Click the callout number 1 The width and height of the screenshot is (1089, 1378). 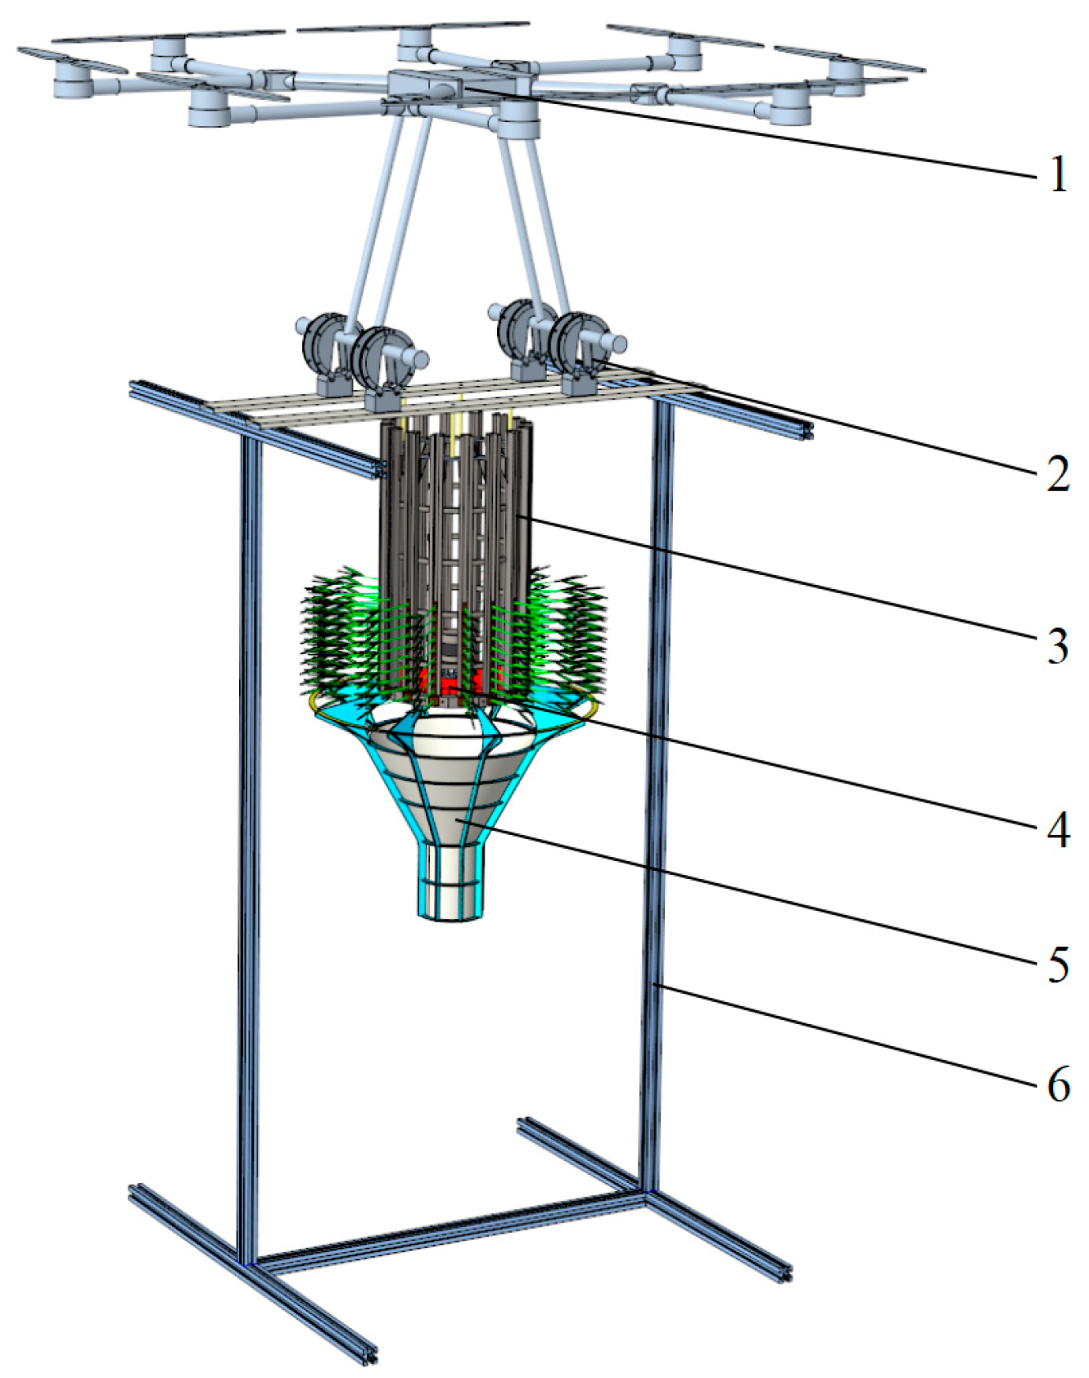click(1059, 175)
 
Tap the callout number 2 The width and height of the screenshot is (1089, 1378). click(1059, 474)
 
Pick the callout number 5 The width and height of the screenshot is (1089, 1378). click(1059, 963)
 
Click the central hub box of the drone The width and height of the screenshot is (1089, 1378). click(426, 86)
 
